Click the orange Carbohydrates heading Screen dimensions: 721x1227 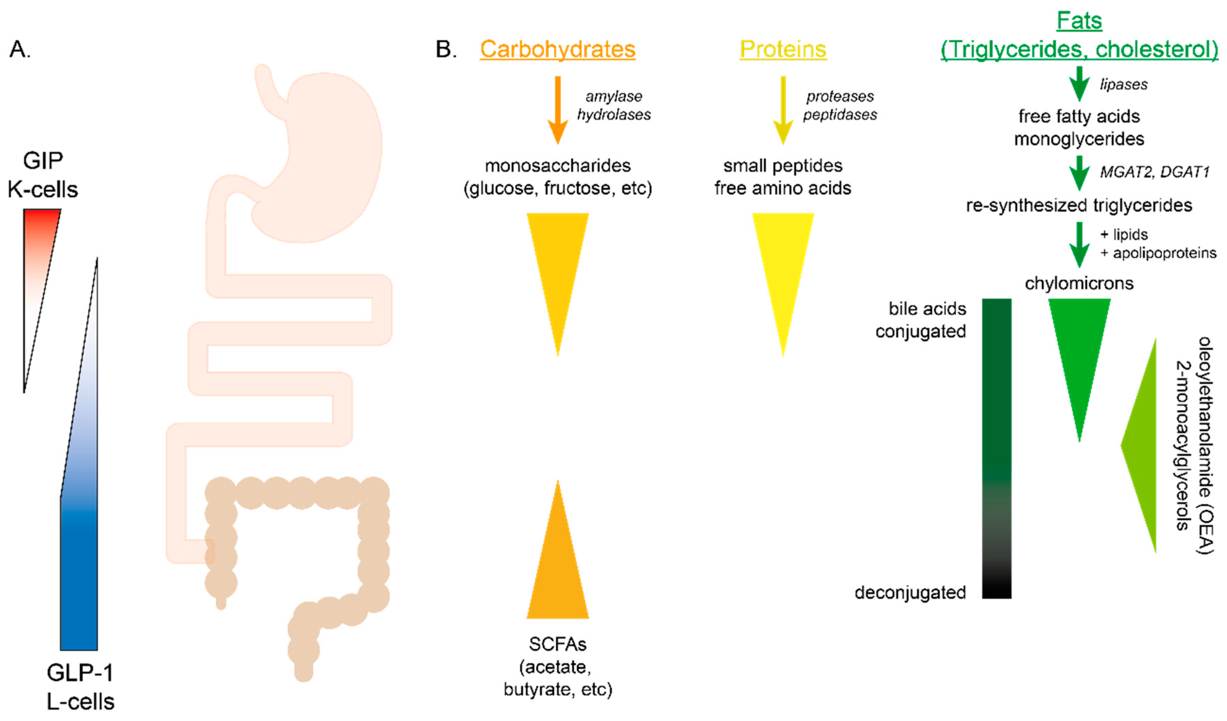[558, 49]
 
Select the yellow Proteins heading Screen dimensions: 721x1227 [782, 49]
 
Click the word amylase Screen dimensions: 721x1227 [613, 96]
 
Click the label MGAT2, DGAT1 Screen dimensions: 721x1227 [1154, 172]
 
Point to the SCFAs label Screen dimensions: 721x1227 [558, 644]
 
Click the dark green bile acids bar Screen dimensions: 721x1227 [996, 438]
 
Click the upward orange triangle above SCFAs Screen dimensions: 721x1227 [558, 575]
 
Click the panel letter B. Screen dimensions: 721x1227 [445, 49]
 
